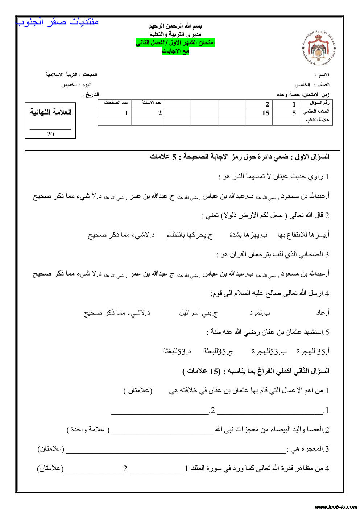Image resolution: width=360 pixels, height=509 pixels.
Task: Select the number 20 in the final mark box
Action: tap(50, 134)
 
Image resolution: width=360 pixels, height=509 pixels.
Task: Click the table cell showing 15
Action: tap(266, 113)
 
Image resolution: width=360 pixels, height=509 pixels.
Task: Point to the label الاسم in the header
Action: tap(322, 75)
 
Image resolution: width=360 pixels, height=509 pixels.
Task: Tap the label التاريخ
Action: tap(91, 95)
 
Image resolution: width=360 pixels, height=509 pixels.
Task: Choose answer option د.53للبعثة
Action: tap(177, 352)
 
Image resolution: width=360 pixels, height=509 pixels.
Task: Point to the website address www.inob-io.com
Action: tap(336, 506)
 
